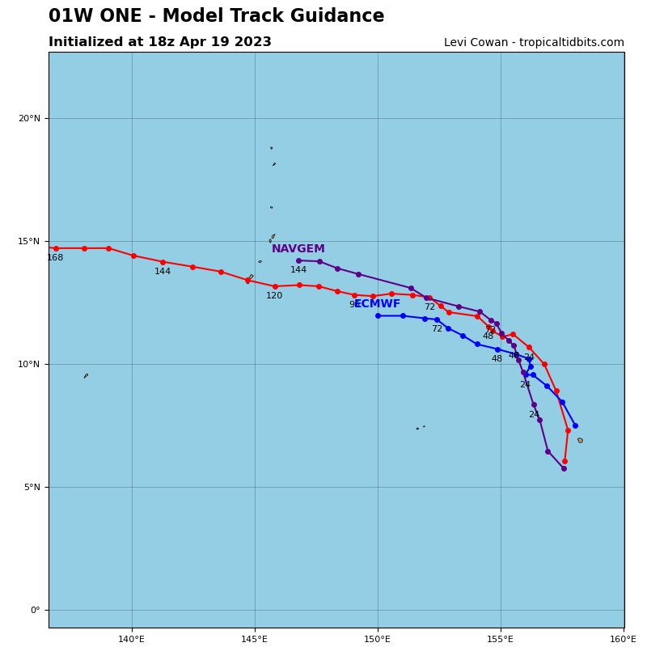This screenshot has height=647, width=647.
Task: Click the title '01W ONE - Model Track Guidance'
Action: [x=216, y=16]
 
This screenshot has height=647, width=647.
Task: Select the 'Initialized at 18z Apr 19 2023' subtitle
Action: [x=160, y=42]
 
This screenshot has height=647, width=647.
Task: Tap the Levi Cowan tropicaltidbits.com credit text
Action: [x=534, y=43]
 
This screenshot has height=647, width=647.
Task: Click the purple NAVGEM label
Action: [x=298, y=249]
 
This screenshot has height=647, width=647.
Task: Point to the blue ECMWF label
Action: [x=377, y=304]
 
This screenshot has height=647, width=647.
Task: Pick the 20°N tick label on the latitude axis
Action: [x=29, y=118]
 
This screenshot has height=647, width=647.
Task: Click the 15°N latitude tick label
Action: [x=29, y=241]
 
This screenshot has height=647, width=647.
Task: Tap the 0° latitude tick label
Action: [x=35, y=610]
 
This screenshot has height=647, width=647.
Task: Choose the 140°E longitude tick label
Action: [x=132, y=639]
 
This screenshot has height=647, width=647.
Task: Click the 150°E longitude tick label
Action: [x=378, y=639]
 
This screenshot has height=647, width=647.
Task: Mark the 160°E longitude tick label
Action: [x=623, y=639]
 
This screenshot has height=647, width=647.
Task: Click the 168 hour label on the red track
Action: [x=55, y=258]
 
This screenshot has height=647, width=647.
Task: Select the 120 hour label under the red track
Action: [x=275, y=296]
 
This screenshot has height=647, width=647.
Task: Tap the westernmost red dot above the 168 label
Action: [x=56, y=248]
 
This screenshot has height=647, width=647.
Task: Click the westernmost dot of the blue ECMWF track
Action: [x=378, y=315]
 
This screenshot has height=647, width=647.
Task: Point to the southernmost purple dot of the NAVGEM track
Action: [x=564, y=468]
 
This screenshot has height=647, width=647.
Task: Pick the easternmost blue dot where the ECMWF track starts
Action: [x=575, y=425]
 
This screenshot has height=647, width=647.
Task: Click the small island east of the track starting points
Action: [x=580, y=440]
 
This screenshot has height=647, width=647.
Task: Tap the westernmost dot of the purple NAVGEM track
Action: [x=298, y=260]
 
